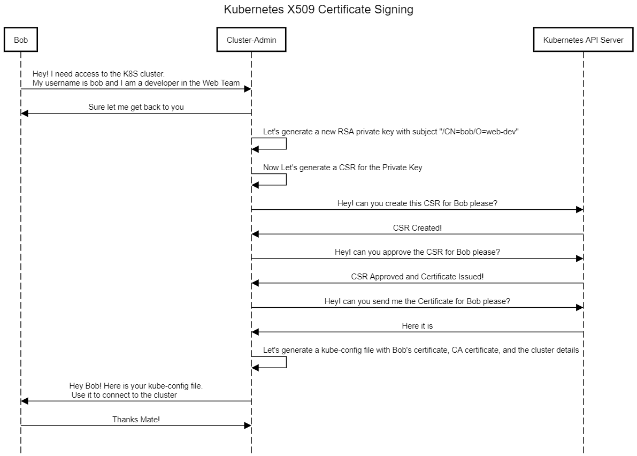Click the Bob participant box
[x=21, y=40]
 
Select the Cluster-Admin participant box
[x=251, y=40]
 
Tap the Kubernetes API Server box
[x=583, y=40]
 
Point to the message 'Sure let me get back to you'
[x=136, y=107]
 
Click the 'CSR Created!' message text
[x=417, y=228]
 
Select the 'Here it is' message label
[x=417, y=325]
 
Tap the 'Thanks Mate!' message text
[x=136, y=420]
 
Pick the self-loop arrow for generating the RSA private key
[x=286, y=143]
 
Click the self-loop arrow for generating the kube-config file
[x=286, y=362]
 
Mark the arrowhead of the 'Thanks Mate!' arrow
[x=248, y=425]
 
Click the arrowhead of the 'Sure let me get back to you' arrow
[x=25, y=113]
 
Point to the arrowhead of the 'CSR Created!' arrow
[x=255, y=234]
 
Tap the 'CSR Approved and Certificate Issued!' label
[x=417, y=277]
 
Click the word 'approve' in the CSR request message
[x=398, y=252]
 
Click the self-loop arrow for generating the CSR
[x=286, y=179]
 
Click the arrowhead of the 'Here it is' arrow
[x=255, y=332]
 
